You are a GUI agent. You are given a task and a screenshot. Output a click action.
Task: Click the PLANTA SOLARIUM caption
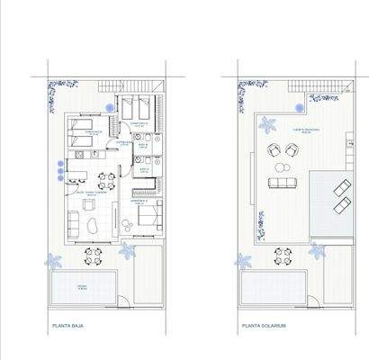click(263, 328)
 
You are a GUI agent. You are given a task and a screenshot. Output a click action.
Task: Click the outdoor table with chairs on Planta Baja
click(93, 256)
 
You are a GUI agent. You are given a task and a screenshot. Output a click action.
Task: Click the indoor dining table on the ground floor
click(105, 177)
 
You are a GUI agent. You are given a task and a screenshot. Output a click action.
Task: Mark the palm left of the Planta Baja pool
click(55, 261)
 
